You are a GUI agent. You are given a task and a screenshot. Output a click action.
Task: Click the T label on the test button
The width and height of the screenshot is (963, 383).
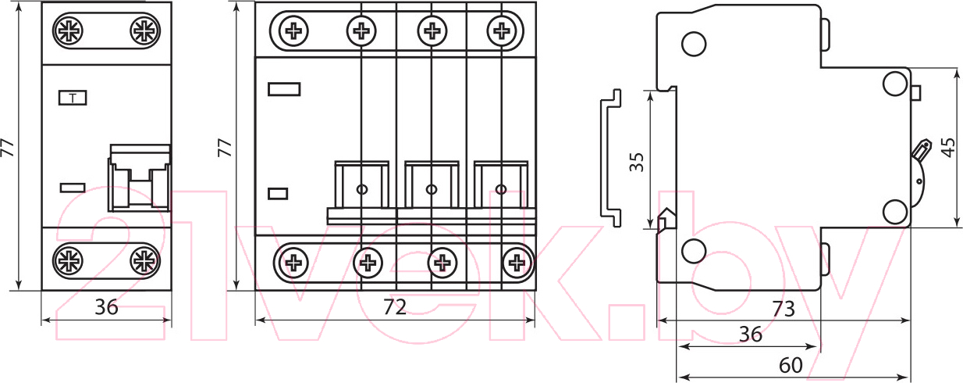[x=73, y=98]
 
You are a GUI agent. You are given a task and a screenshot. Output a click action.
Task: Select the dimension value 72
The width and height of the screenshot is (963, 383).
[x=394, y=307]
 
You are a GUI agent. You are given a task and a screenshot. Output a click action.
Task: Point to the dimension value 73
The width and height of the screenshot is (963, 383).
[x=784, y=309]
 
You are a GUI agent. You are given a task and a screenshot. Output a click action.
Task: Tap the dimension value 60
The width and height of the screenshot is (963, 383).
[x=791, y=365]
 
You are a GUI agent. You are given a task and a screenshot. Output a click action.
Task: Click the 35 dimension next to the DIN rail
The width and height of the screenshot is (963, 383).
[x=637, y=162]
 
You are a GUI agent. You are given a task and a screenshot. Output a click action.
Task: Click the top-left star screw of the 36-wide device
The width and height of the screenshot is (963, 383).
[x=68, y=30]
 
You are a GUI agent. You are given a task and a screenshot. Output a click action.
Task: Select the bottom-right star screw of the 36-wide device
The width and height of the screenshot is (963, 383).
[x=145, y=260]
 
